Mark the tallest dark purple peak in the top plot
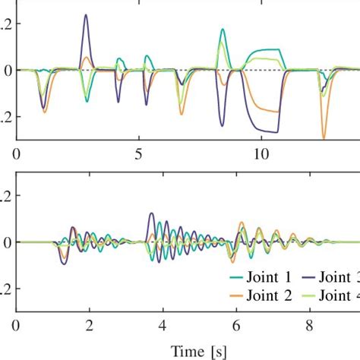click(85, 15)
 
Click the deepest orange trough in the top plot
click(324, 137)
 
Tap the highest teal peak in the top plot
click(223, 30)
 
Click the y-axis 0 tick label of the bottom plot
click(6, 242)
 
